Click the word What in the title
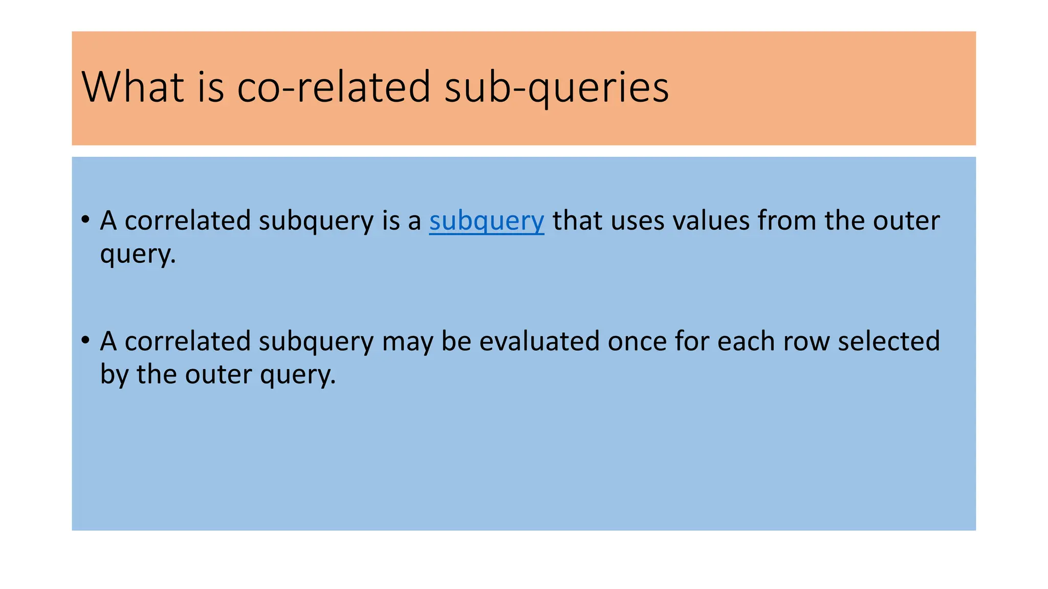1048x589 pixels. tap(133, 87)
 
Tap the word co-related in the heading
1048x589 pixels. tap(334, 87)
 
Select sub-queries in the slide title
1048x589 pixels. tap(556, 88)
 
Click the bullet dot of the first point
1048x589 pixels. tap(85, 220)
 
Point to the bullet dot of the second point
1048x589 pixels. tap(85, 341)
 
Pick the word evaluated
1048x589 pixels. tap(539, 342)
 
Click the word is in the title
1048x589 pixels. tap(210, 87)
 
